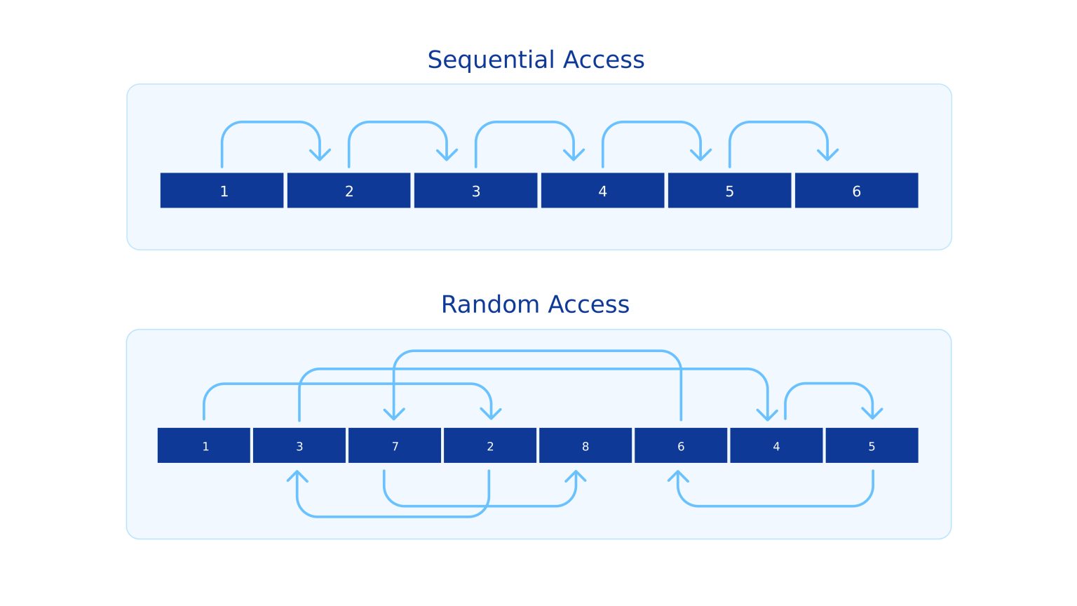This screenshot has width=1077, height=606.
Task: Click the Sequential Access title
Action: [536, 60]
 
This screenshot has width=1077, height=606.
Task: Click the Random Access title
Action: [535, 304]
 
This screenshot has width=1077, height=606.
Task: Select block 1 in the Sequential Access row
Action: [222, 191]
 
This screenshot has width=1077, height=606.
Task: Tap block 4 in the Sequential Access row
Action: [602, 191]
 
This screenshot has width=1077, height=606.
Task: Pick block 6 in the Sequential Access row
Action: [856, 191]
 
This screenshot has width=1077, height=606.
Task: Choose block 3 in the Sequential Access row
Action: [475, 191]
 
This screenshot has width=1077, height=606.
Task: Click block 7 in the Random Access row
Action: [395, 446]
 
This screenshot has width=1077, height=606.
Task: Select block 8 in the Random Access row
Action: [585, 446]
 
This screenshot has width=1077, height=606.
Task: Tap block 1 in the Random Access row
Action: [204, 446]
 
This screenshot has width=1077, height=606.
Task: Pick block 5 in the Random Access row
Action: [872, 446]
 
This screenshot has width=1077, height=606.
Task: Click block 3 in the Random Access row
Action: [299, 446]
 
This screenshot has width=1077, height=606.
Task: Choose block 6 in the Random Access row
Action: [680, 446]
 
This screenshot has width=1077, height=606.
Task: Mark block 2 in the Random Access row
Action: [489, 446]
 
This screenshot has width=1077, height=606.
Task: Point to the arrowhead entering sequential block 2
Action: [320, 154]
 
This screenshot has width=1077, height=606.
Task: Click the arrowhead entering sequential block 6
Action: [827, 154]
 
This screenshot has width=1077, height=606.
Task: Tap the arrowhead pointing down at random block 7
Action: [394, 413]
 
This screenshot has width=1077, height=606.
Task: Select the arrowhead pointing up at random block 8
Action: [576, 476]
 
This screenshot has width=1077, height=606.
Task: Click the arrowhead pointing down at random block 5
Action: [872, 413]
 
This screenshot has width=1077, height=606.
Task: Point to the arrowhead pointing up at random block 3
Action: [297, 476]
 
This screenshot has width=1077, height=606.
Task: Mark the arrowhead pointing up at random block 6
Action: [678, 476]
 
